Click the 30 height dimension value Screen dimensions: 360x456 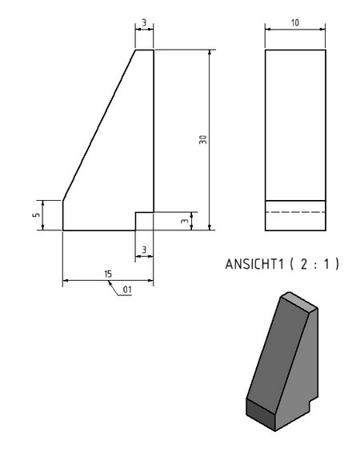coord(203,139)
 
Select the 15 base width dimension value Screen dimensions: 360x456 coord(108,274)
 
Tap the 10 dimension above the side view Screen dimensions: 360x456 coord(295,22)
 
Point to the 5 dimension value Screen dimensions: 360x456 coord(37,215)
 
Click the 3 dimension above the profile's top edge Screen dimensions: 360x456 coord(144,22)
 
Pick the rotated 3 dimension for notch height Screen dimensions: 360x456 coord(185,221)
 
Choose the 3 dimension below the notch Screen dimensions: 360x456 coord(144,250)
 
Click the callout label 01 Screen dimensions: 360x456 coord(127,290)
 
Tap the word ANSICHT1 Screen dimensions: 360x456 coord(254,264)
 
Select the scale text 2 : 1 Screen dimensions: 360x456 coord(314,264)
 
